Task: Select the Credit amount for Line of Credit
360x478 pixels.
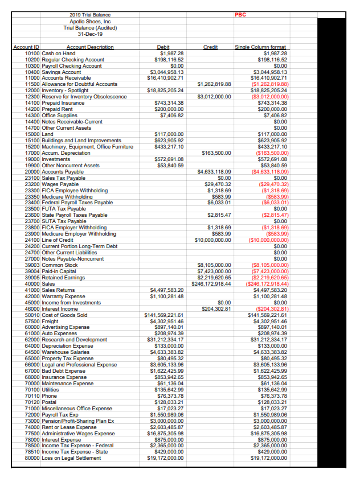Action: click(x=211, y=240)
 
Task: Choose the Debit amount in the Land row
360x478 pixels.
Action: click(x=169, y=134)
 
